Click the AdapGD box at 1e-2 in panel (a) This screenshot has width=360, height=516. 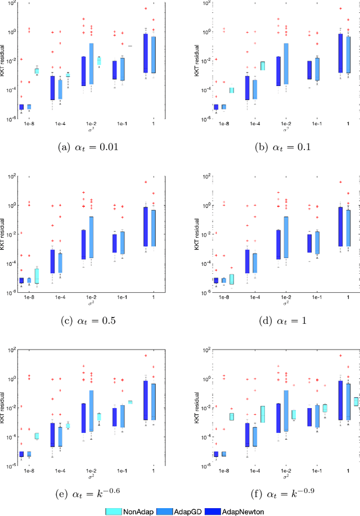tap(92, 64)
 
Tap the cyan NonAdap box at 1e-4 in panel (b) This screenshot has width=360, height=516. tap(262, 66)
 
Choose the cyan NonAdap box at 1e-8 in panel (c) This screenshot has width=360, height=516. tap(37, 276)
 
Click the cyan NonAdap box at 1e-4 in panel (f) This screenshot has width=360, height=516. tap(262, 414)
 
